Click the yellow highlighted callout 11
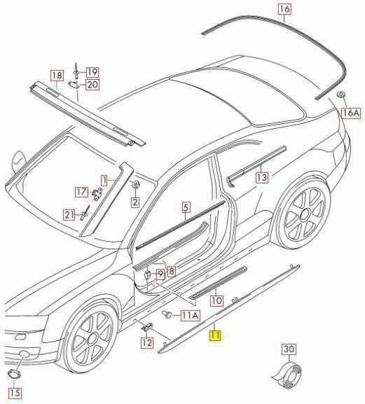(215, 335)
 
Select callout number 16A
(351, 113)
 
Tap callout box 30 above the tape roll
(289, 349)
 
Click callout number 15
(15, 393)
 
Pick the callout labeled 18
(57, 76)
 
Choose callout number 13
(262, 177)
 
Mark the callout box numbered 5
(186, 207)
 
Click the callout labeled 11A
(191, 315)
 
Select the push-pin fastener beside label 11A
(167, 314)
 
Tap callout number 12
(147, 342)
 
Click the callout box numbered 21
(69, 215)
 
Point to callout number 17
(82, 192)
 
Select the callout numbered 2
(135, 202)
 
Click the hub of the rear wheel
(305, 214)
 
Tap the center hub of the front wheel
(92, 339)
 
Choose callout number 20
(92, 84)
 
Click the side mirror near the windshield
(19, 160)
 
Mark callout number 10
(216, 300)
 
